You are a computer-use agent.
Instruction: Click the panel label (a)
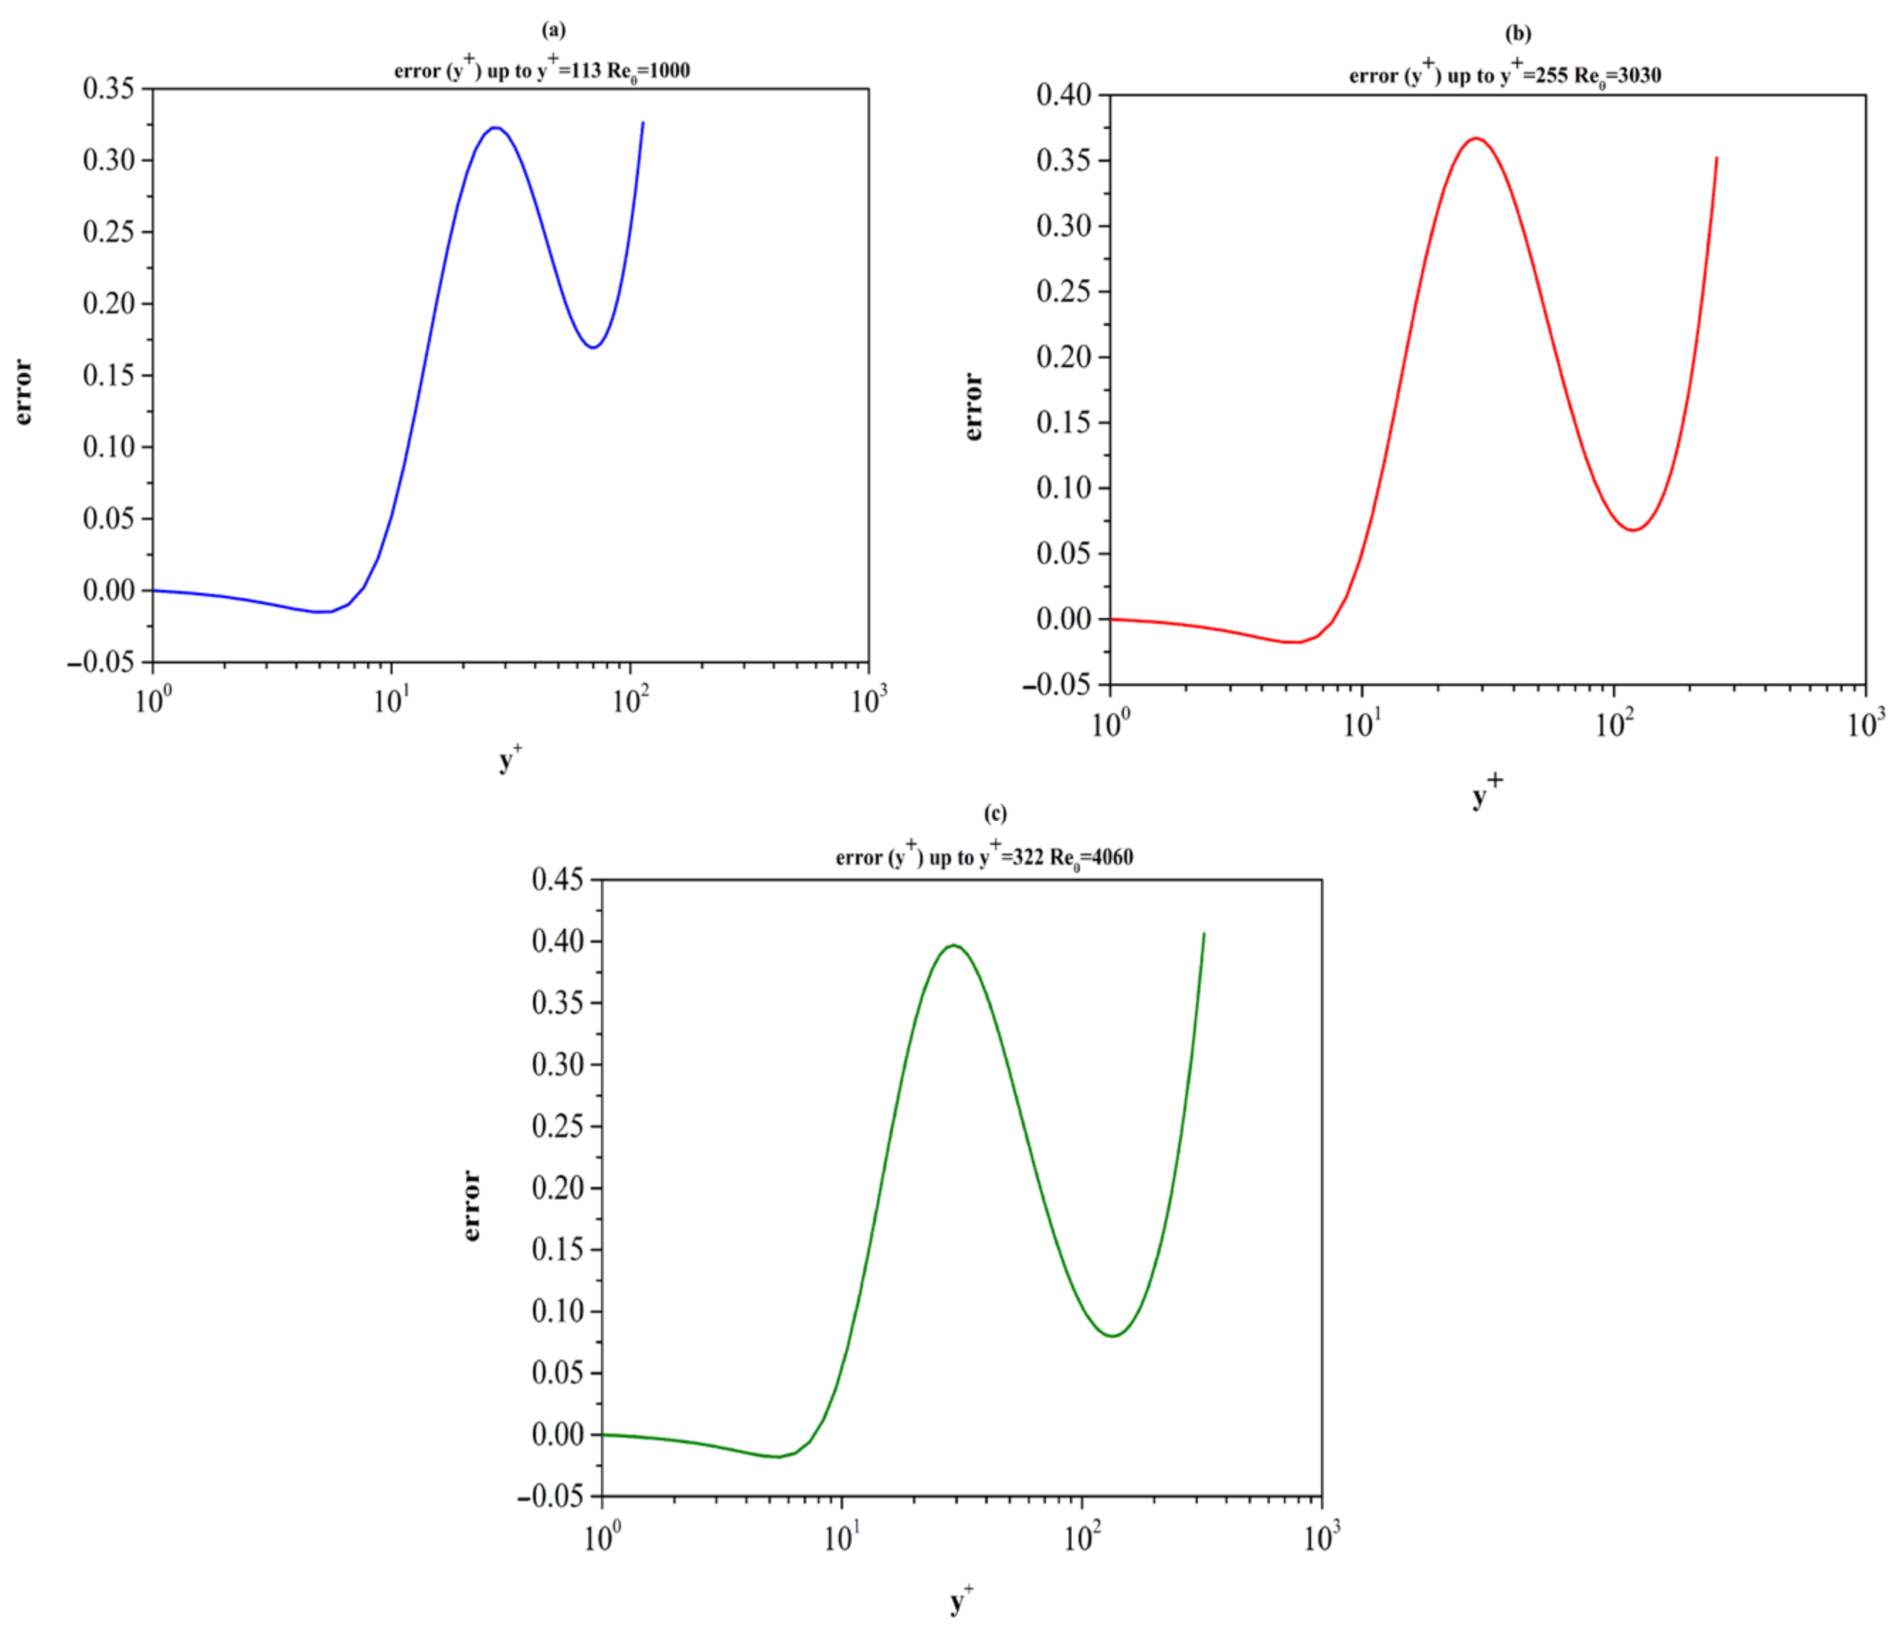(x=553, y=30)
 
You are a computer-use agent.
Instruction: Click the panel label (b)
(x=1517, y=34)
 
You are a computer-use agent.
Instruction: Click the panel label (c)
(x=995, y=814)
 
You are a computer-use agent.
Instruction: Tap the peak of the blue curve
(x=495, y=128)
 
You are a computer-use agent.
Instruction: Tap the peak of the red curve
(x=1476, y=139)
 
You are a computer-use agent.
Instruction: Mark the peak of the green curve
(x=955, y=945)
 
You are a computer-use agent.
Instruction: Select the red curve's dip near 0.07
(x=1634, y=530)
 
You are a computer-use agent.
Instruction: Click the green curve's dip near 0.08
(x=1113, y=1335)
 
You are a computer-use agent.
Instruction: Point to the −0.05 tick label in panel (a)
(x=101, y=662)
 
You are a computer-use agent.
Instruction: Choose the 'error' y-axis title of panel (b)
(x=973, y=407)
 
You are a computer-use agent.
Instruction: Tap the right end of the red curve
(x=1716, y=158)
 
